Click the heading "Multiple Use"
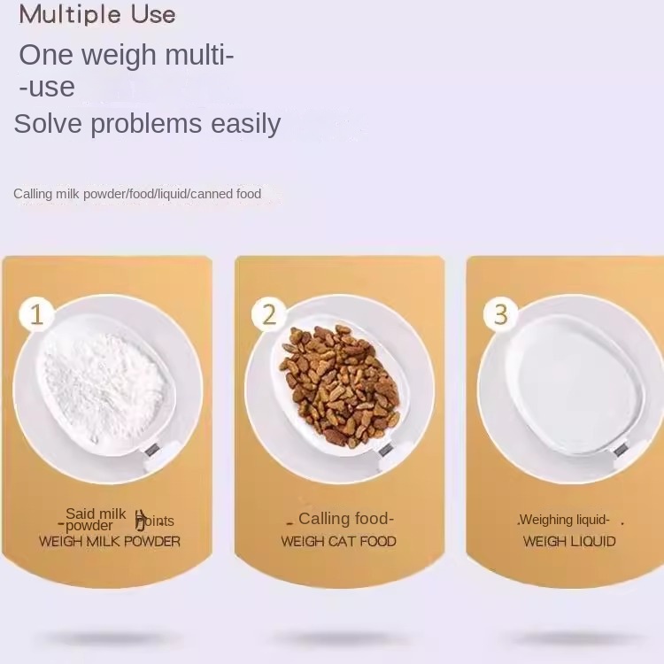click(97, 15)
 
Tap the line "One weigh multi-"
click(127, 55)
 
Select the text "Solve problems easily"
click(147, 123)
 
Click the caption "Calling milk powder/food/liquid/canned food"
click(137, 194)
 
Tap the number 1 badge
click(36, 314)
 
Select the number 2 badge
click(269, 314)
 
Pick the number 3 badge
click(501, 314)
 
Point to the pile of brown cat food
click(339, 383)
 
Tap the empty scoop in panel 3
click(572, 385)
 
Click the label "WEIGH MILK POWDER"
click(109, 541)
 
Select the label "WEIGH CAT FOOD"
click(338, 541)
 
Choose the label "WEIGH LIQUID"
click(569, 541)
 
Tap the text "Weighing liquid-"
click(565, 520)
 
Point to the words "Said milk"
click(96, 513)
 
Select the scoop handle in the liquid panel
click(622, 453)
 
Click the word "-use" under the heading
click(47, 87)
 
